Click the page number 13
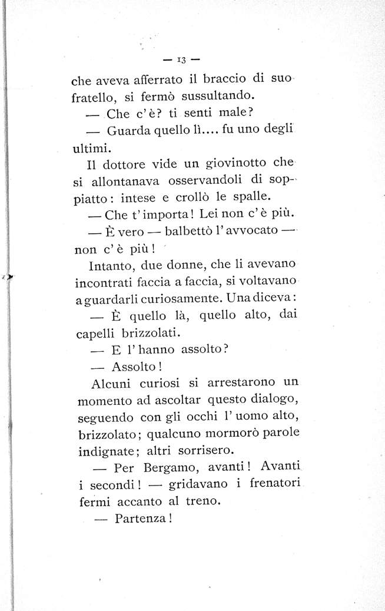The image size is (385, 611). tap(181, 59)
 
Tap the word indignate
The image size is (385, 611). tap(105, 451)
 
